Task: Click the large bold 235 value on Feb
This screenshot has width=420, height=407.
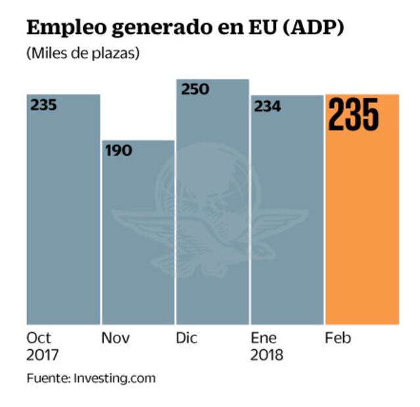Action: click(354, 115)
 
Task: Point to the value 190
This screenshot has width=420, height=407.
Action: click(118, 150)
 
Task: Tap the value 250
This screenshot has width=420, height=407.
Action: click(195, 89)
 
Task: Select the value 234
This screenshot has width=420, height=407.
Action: click(268, 106)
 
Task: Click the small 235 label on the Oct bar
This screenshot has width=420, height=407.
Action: click(43, 105)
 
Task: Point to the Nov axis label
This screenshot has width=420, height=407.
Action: click(115, 339)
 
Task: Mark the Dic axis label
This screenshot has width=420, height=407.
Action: click(187, 339)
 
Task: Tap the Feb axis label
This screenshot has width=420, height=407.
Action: click(338, 339)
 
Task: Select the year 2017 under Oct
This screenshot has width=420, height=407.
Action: click(43, 356)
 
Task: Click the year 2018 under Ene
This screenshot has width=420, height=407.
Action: click(267, 356)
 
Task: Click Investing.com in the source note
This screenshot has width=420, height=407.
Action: click(114, 379)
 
